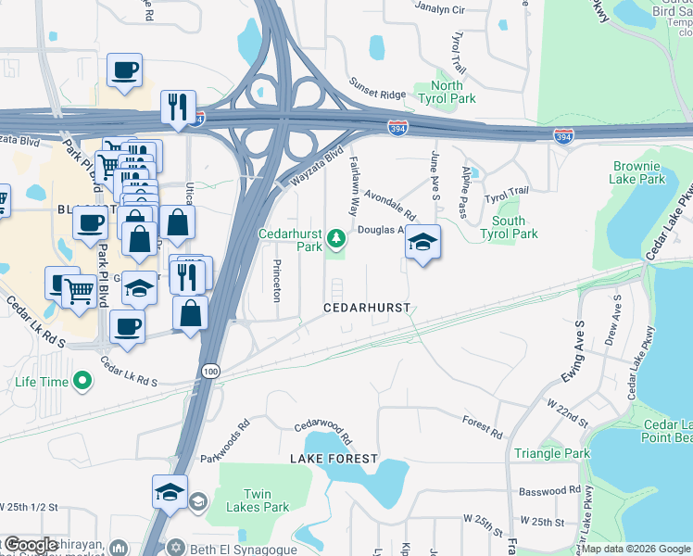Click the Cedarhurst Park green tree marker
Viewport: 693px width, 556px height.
pyautogui.click(x=336, y=239)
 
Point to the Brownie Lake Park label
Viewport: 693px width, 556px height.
pyautogui.click(x=639, y=172)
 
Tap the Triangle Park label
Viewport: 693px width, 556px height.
pyautogui.click(x=553, y=453)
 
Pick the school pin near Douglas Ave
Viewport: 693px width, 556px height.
pyautogui.click(x=422, y=242)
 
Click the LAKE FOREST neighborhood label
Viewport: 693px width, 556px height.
pyautogui.click(x=334, y=459)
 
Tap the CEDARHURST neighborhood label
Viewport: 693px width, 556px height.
pyautogui.click(x=366, y=307)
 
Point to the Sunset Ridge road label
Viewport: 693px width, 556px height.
pyautogui.click(x=377, y=89)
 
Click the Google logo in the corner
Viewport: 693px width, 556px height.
pyautogui.click(x=31, y=545)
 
